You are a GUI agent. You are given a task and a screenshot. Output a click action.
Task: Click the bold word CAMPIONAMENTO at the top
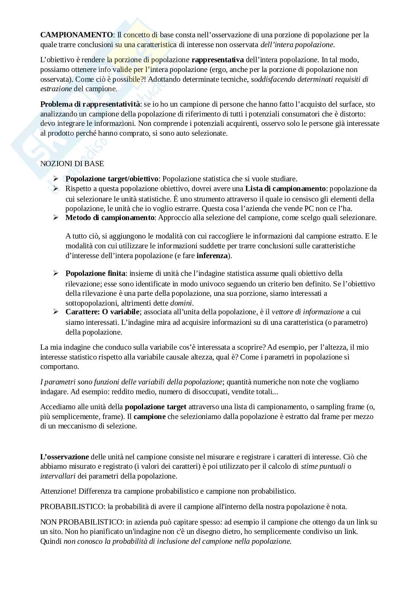76,35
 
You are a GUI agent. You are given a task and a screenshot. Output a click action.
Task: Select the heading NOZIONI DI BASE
72,164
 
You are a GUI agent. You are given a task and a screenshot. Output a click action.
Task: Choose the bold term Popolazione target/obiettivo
113,179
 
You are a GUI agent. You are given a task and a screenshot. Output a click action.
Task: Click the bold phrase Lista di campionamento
285,188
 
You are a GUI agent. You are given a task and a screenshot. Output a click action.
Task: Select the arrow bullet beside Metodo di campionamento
56,217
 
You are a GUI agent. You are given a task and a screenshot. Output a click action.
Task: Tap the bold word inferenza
212,255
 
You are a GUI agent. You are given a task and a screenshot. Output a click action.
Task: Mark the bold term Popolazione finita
96,273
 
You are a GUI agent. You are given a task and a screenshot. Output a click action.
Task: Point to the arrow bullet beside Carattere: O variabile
56,312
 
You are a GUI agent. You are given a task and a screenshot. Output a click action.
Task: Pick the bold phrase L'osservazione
64,457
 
